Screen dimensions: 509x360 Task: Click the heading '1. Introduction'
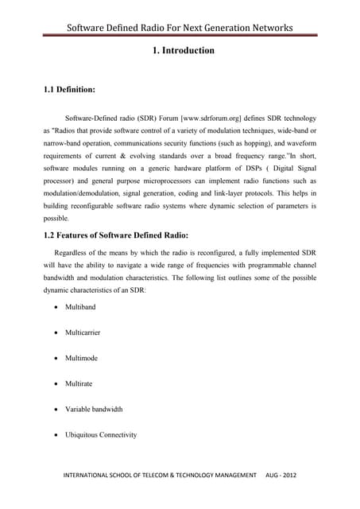coord(182,51)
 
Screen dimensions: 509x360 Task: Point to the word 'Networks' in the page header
coord(269,29)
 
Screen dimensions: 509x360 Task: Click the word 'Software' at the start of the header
coord(90,29)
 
